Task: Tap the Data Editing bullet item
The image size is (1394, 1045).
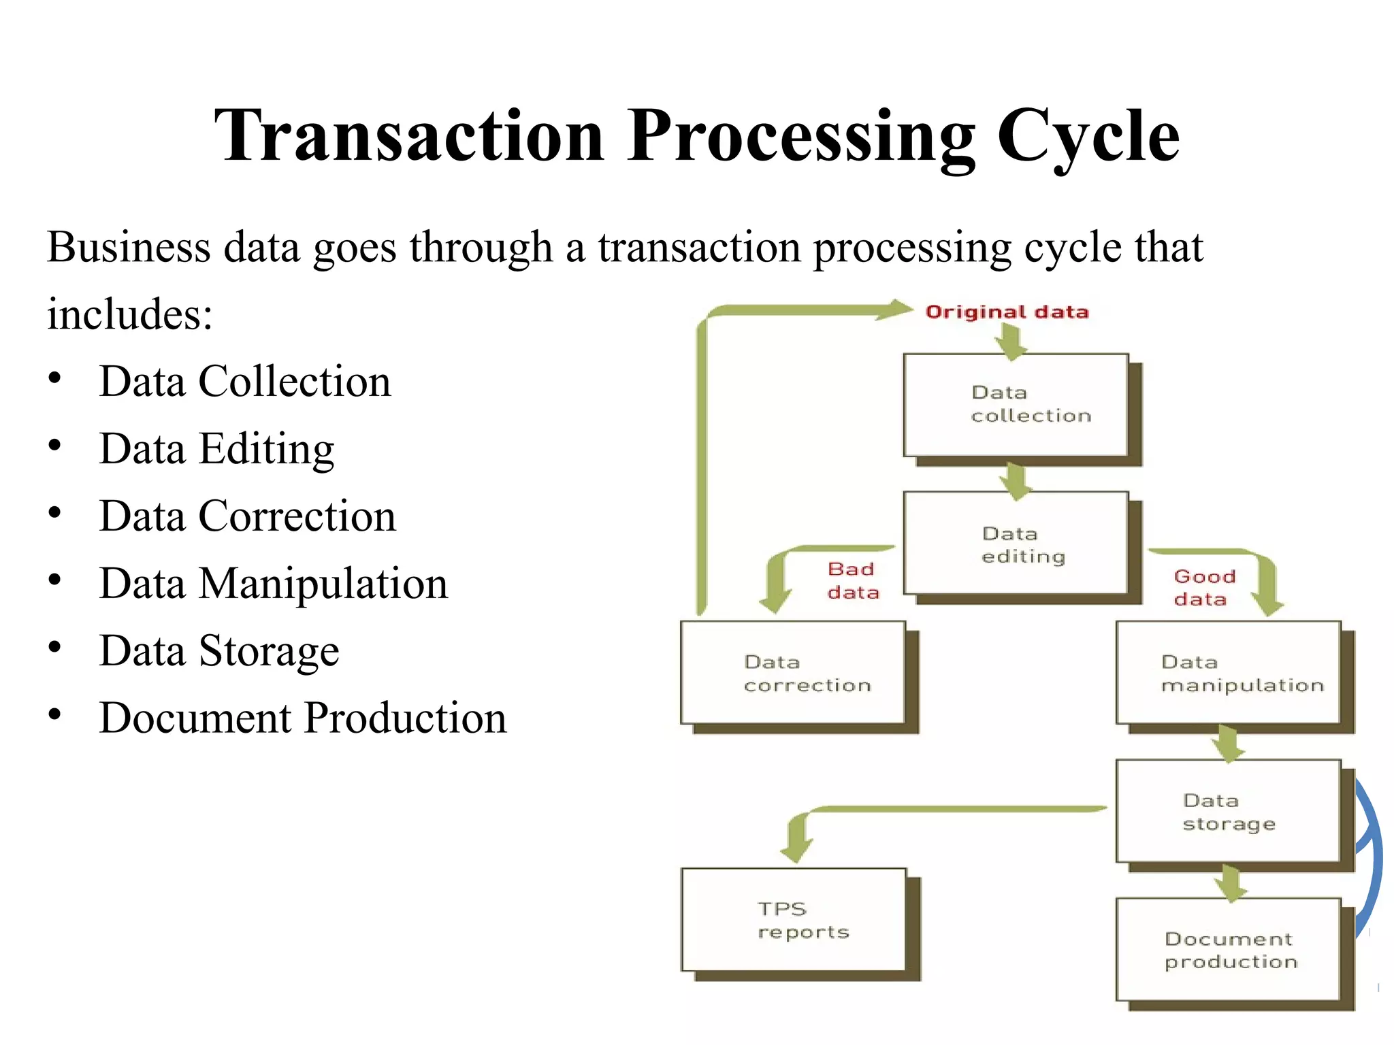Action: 216,449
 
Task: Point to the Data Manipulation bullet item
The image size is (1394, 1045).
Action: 274,584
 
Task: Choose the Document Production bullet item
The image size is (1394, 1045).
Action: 303,718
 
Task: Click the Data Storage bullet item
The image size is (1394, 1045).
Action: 219,651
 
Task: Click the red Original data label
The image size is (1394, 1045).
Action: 1007,312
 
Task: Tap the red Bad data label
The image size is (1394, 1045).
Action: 853,580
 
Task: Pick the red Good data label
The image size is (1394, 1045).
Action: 1203,587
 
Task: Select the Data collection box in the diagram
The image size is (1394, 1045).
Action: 1016,405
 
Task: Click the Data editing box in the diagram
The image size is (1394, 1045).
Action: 1016,544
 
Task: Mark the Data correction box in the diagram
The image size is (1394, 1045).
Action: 793,673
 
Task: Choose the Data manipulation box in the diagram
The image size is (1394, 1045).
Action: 1229,673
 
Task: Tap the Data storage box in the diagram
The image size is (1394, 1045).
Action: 1229,811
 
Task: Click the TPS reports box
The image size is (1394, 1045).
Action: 794,920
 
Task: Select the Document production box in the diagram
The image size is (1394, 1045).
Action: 1229,950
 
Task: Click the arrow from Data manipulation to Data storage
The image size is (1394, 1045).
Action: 1229,743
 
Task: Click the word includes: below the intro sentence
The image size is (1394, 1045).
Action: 130,314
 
